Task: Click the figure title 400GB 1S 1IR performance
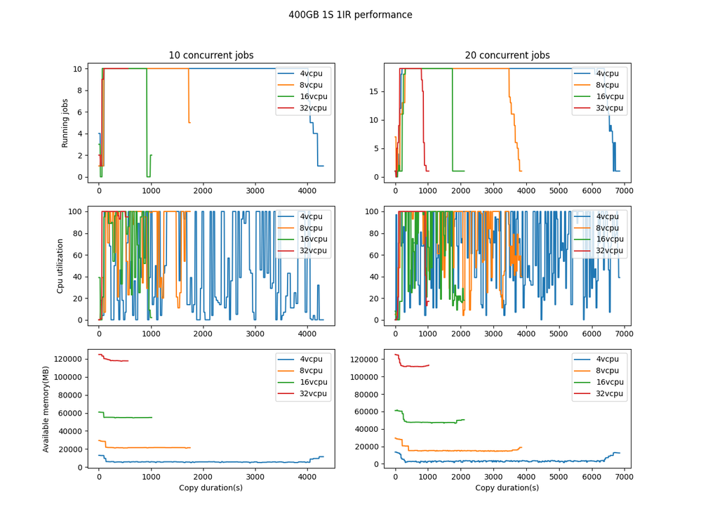point(350,15)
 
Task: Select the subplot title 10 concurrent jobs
point(211,55)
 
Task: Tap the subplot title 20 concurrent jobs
point(507,55)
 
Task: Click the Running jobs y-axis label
point(65,122)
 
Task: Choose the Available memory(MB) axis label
point(46,408)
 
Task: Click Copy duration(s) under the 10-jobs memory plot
point(211,487)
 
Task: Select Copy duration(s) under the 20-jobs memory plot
point(507,487)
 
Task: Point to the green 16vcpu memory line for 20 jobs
point(435,422)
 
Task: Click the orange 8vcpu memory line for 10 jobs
point(154,447)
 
